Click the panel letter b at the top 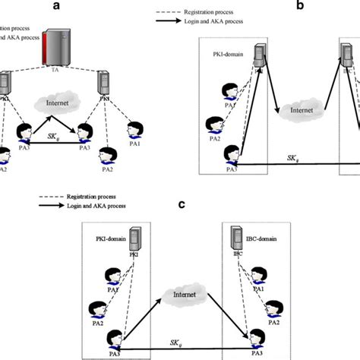pos(300,6)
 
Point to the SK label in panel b pos(290,158)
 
